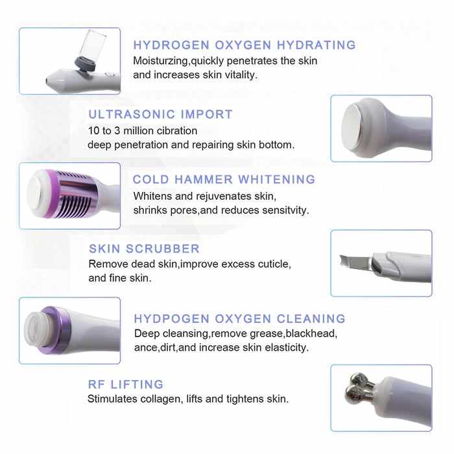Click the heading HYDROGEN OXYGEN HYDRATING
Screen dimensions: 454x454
pos(245,45)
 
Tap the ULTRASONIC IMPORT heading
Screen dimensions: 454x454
pos(160,114)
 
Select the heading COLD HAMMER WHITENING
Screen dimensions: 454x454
pos(224,180)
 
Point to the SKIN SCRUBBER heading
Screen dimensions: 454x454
pos(144,248)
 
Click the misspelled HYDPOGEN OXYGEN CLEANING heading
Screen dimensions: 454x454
pos(240,319)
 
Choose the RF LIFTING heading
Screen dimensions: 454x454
pos(126,385)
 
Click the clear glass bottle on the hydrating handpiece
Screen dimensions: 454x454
pos(92,45)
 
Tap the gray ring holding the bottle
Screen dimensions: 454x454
pos(85,64)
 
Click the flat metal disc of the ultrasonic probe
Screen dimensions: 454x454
pos(352,127)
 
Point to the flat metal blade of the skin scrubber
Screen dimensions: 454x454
pos(355,261)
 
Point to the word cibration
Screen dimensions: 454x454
pos(176,131)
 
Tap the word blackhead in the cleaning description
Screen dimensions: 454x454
pos(311,333)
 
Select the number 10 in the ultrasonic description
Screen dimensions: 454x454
pos(94,131)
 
